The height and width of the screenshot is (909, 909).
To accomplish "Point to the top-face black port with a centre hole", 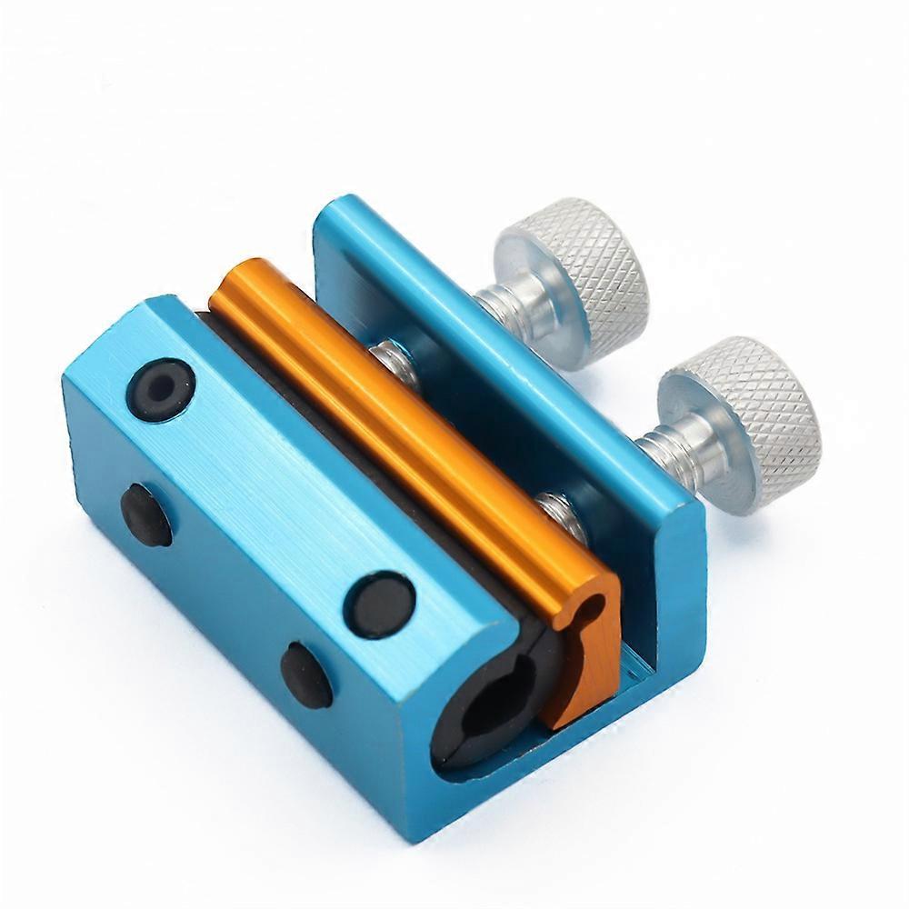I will point(161,390).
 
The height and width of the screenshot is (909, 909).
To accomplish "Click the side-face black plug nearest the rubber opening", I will point(305,674).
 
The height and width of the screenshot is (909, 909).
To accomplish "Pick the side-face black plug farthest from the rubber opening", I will point(145,514).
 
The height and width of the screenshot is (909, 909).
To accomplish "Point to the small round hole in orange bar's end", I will point(594,607).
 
